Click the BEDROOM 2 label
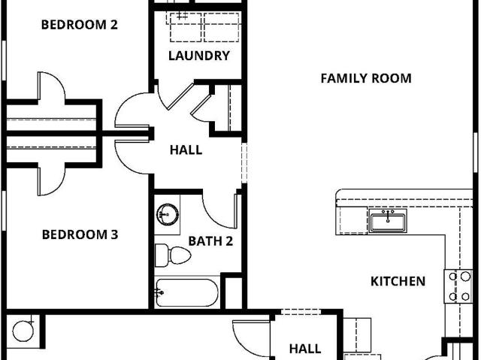click(x=80, y=25)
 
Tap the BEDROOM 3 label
click(x=80, y=234)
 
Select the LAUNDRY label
click(x=199, y=56)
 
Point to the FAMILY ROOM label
click(x=366, y=78)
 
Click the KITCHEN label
click(x=398, y=281)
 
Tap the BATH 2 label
click(x=210, y=241)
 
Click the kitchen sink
click(x=388, y=221)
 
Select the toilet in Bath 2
click(x=172, y=255)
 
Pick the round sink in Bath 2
click(x=168, y=214)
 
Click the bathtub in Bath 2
click(x=187, y=292)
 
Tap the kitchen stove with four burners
click(x=458, y=286)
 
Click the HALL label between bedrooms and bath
click(x=186, y=150)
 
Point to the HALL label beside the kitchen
click(x=305, y=349)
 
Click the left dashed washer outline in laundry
click(x=186, y=27)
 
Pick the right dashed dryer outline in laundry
click(x=222, y=27)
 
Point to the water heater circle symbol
click(x=23, y=331)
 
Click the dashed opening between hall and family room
click(x=244, y=163)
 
